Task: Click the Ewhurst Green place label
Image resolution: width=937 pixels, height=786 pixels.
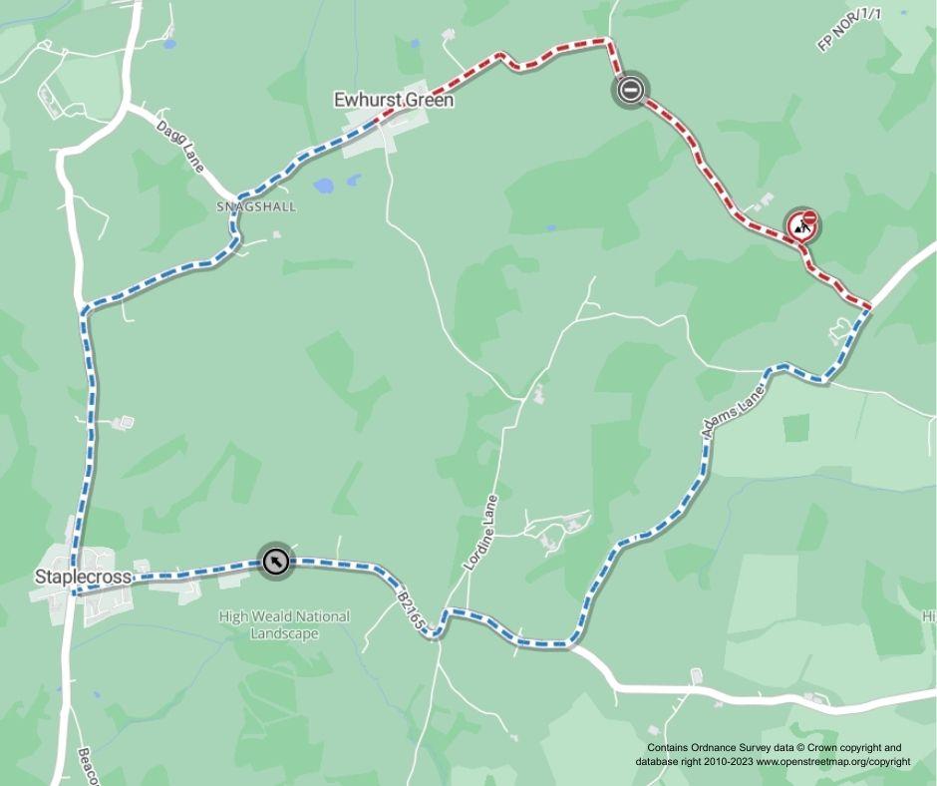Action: (x=393, y=101)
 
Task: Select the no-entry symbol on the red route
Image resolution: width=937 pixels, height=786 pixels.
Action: (x=630, y=91)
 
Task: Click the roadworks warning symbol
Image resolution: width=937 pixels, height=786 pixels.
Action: (x=802, y=226)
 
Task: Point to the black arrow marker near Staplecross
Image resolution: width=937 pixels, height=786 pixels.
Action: (x=274, y=563)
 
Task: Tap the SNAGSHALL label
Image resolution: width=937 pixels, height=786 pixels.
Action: (x=256, y=206)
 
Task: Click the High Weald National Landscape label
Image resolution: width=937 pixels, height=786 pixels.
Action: (x=284, y=624)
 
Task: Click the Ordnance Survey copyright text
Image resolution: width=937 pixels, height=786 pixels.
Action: (x=774, y=747)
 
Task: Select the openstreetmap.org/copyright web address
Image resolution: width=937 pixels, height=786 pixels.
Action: (x=832, y=761)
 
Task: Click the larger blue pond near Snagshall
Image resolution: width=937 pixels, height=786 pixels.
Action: (x=324, y=186)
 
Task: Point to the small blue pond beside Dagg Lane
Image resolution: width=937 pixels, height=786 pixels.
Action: (x=169, y=44)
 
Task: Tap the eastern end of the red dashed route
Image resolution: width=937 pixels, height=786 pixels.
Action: (x=869, y=306)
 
